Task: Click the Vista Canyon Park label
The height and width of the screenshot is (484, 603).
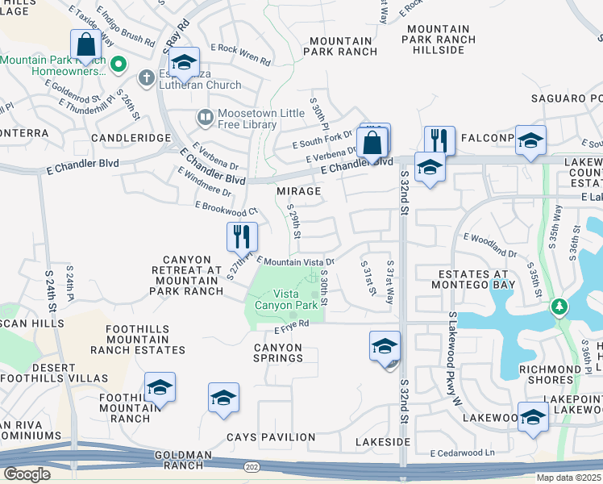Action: (286, 299)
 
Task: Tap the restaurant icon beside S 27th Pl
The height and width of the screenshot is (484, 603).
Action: (242, 236)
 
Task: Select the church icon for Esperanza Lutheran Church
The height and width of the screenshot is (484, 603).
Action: (146, 78)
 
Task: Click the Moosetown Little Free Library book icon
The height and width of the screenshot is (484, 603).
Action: (205, 119)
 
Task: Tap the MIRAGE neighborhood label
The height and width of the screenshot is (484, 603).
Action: (298, 191)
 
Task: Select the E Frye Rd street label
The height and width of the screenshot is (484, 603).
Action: (292, 326)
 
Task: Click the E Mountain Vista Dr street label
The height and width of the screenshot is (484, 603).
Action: (295, 261)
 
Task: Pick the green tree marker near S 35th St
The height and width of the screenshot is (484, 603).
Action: (558, 307)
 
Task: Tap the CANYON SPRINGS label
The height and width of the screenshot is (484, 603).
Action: (277, 353)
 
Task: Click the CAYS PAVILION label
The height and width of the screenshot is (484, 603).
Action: (270, 437)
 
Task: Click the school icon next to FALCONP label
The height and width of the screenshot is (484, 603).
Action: (530, 140)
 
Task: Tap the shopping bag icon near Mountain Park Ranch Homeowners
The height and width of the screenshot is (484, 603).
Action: (84, 44)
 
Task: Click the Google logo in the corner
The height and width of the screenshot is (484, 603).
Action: (27, 474)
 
